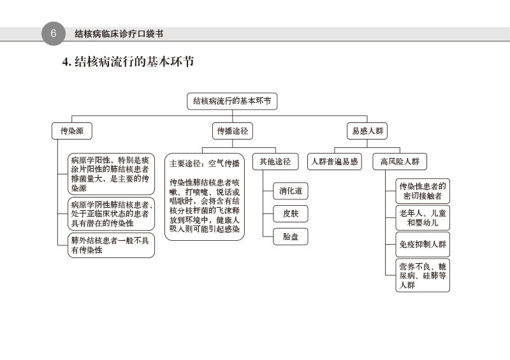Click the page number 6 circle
pyautogui.click(x=54, y=34)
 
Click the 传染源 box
pyautogui.click(x=71, y=131)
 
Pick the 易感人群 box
pyautogui.click(x=368, y=131)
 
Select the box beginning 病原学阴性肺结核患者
pyautogui.click(x=111, y=214)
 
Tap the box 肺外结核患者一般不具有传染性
pyautogui.click(x=111, y=245)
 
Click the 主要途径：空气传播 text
pyautogui.click(x=205, y=163)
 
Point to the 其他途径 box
pyautogui.click(x=275, y=162)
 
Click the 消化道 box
pyautogui.click(x=290, y=190)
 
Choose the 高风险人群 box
pyautogui.click(x=400, y=162)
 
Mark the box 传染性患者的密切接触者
pyautogui.click(x=422, y=191)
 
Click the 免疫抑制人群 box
pyautogui.click(x=422, y=245)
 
